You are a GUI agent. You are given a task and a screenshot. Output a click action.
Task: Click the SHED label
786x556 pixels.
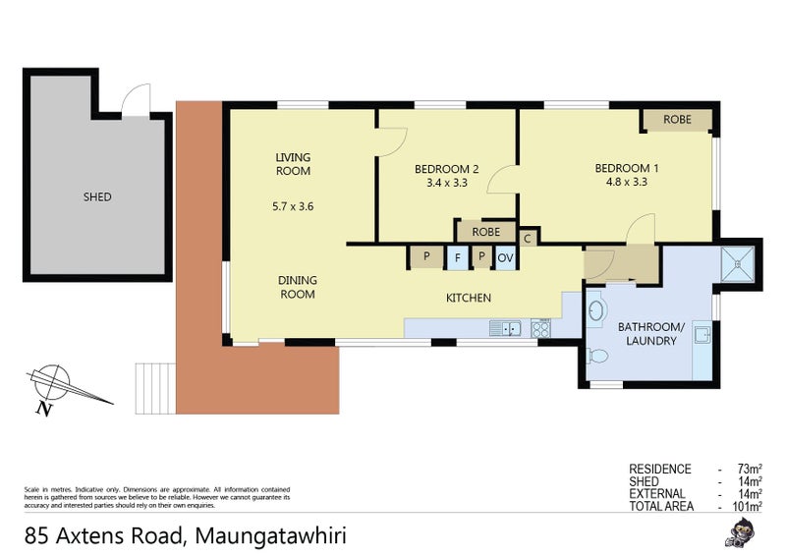click(x=97, y=196)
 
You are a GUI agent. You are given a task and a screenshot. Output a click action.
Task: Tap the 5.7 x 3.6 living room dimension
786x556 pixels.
click(x=292, y=207)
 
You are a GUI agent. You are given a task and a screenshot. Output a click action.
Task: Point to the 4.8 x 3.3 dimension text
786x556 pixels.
click(x=626, y=182)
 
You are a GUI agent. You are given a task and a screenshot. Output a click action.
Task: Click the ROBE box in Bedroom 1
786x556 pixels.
click(x=677, y=119)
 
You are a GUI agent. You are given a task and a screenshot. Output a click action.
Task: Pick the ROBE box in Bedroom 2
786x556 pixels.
click(x=485, y=232)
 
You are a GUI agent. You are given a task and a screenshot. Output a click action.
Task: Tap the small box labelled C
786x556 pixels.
click(x=527, y=237)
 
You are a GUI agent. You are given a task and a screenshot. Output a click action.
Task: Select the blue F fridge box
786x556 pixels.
click(x=456, y=257)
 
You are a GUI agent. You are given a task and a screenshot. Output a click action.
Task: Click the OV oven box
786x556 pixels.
click(x=505, y=257)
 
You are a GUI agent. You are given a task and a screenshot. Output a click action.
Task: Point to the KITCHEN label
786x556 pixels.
click(x=469, y=298)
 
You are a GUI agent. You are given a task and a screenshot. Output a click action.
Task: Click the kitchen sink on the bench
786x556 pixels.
click(x=505, y=328)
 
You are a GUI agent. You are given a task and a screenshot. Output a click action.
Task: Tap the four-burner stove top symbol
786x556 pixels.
click(x=539, y=328)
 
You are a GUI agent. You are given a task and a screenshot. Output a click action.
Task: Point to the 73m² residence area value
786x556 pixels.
click(x=748, y=470)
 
